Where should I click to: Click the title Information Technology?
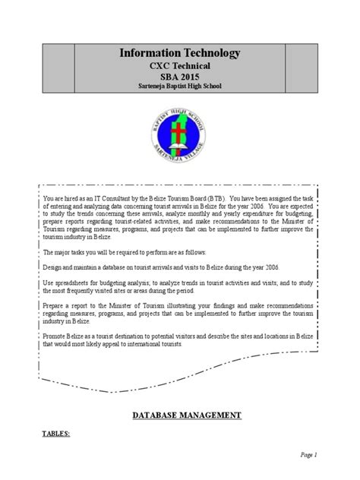pos(180,52)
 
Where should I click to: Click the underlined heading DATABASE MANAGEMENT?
pos(187,415)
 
